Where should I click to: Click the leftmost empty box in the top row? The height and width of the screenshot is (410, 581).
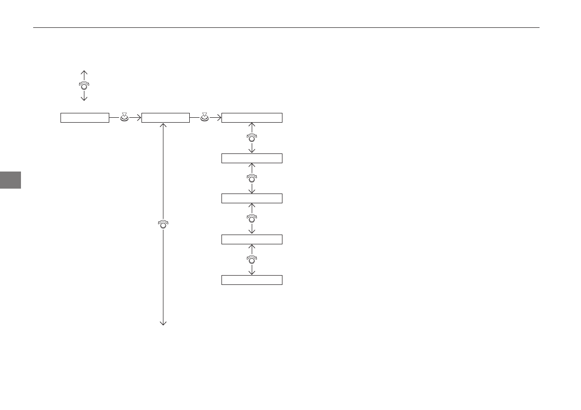coord(84,118)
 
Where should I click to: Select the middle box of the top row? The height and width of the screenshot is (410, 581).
coord(165,118)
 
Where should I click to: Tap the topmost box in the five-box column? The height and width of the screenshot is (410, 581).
coord(252,118)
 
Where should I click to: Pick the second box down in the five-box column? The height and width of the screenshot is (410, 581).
coord(252,158)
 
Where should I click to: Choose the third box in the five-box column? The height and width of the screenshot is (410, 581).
coord(252,198)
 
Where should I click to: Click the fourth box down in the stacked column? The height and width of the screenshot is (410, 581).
coord(252,239)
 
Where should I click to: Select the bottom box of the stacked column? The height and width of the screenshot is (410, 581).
coord(252,280)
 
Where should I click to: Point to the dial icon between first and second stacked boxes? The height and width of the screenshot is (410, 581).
coord(252,138)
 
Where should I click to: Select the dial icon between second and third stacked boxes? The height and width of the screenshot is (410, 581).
coord(252,178)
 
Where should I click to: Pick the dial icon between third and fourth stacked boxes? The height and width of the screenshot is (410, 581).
coord(252,218)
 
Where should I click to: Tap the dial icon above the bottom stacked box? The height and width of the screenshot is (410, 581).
coord(252,259)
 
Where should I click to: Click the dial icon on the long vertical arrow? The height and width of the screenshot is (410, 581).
coord(163,224)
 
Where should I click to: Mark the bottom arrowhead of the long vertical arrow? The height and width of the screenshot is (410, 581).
coord(163,323)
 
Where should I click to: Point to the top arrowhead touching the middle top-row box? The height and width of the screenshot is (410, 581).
coord(163,125)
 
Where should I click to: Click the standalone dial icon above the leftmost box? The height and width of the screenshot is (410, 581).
coord(84,86)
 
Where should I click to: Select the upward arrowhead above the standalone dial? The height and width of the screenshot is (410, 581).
coord(84,72)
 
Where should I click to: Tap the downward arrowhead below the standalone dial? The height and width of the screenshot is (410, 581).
coord(84,99)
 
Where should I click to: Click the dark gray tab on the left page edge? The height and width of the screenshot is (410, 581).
coord(10,179)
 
